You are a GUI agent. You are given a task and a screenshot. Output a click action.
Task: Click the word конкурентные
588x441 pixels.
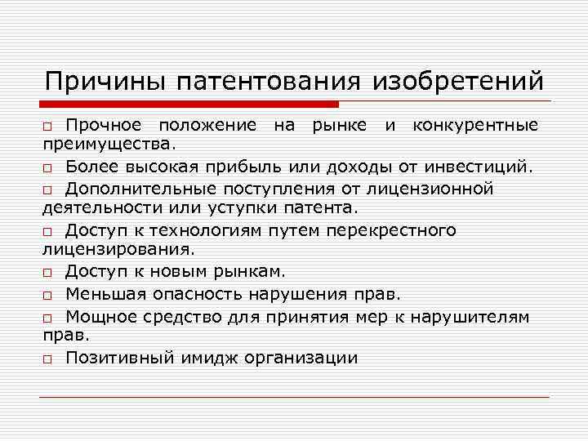[x=475, y=125]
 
